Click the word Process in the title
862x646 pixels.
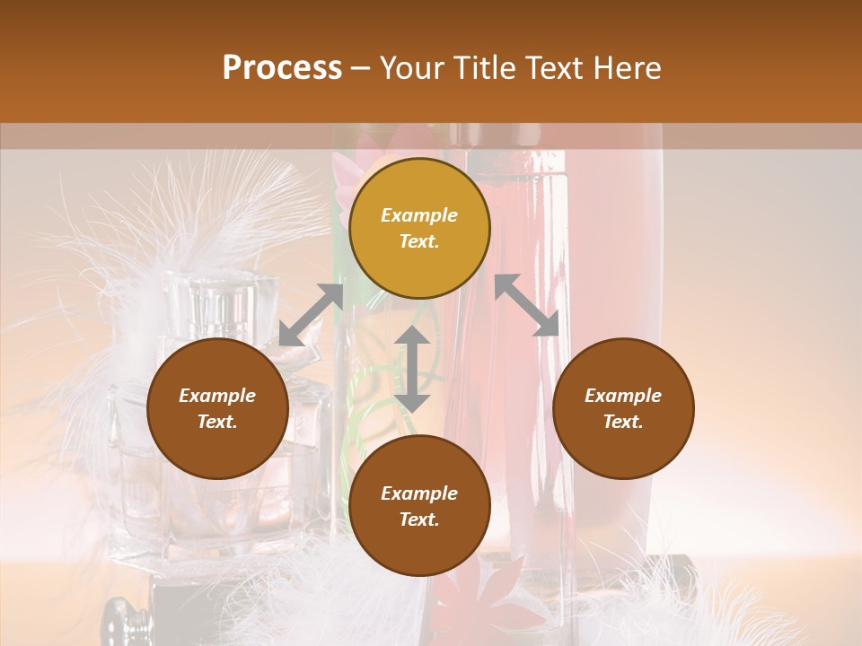[x=282, y=68]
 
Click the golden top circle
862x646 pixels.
[x=419, y=228]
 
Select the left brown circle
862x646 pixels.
[x=217, y=408]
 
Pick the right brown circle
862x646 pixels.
[x=623, y=408]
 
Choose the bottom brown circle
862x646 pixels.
[x=419, y=506]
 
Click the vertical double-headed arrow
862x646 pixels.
[x=412, y=369]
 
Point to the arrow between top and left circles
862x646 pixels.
[x=311, y=315]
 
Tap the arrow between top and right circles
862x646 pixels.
[x=526, y=305]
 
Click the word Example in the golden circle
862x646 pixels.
[x=419, y=215]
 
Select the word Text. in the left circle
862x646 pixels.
[x=217, y=422]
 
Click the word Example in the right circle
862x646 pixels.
[x=623, y=396]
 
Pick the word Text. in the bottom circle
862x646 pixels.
[x=419, y=519]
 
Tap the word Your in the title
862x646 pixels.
[x=409, y=68]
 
